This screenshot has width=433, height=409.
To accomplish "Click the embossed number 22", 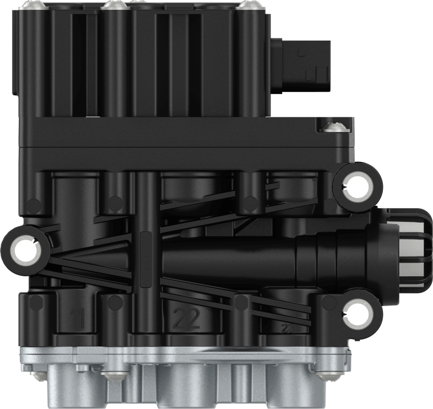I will point(186,318).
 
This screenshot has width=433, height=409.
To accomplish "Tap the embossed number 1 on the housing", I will point(80,318).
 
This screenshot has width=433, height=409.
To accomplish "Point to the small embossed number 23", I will point(287,328).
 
